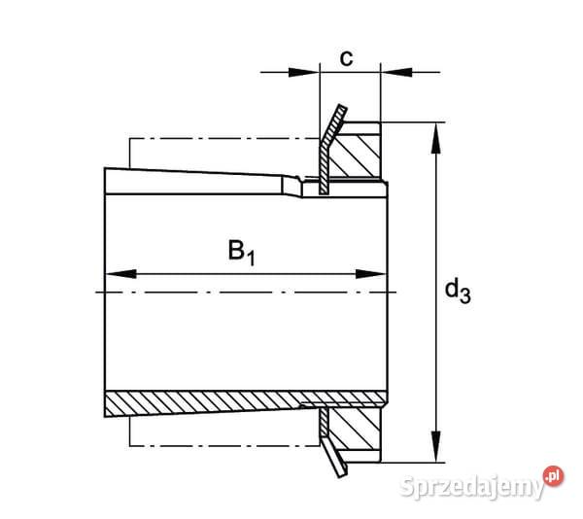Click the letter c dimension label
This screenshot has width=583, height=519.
click(x=345, y=57)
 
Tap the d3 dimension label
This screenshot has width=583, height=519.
click(x=457, y=290)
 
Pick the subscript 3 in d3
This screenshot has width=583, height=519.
click(x=465, y=296)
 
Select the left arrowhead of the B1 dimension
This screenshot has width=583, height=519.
click(x=116, y=273)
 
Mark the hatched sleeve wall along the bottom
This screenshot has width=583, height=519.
click(x=204, y=400)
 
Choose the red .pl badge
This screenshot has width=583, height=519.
click(x=553, y=475)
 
